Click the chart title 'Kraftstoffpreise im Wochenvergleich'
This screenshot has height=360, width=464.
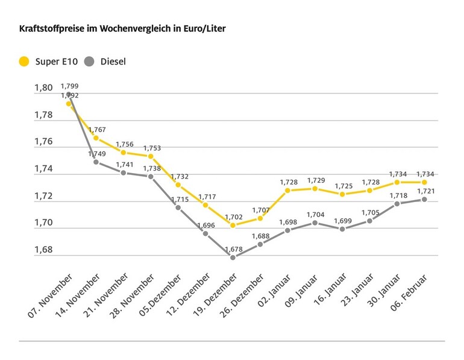coord(123,28)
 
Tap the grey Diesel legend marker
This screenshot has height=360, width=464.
coord(89,61)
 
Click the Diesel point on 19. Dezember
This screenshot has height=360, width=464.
coord(233,257)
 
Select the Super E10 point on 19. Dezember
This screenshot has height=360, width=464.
coord(233,225)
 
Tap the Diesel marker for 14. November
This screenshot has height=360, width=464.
coord(96,162)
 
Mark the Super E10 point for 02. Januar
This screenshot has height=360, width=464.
coord(287,190)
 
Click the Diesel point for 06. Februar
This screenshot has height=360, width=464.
coord(424,200)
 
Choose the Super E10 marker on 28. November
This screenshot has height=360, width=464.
coord(151,156)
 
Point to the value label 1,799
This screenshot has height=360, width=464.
coord(69,86)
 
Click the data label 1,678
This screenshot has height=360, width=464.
coord(233,249)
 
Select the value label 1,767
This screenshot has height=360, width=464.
coord(96,130)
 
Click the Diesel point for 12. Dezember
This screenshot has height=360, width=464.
coord(205,233)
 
